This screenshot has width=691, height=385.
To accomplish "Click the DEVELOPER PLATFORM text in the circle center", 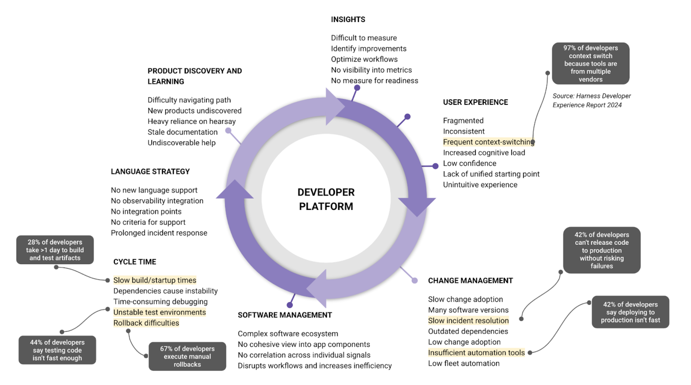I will click(326, 199).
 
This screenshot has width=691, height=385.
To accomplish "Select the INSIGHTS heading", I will click(348, 19).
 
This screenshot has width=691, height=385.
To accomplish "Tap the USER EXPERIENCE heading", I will click(475, 102).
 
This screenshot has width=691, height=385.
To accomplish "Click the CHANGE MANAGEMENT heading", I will click(470, 281).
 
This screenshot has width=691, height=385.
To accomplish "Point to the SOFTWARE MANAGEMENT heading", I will click(284, 315).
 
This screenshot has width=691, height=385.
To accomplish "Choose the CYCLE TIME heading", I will click(135, 262).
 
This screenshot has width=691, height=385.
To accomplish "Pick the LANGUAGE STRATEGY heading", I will click(150, 172).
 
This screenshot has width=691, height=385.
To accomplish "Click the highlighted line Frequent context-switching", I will click(488, 142).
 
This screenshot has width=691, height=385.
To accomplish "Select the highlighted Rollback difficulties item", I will click(146, 323).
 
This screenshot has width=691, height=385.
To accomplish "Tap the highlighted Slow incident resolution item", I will click(468, 321).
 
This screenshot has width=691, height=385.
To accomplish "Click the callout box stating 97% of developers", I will click(591, 63).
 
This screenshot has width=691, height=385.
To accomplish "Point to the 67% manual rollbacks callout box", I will click(187, 356).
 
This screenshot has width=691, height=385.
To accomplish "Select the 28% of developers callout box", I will click(55, 250).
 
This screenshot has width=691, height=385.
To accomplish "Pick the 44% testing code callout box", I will click(57, 350).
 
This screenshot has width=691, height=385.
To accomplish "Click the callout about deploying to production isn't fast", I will click(630, 312).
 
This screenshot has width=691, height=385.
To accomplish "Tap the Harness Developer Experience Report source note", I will click(591, 100).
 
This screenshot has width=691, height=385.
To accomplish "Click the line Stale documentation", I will click(182, 132).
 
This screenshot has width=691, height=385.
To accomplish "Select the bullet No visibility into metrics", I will click(371, 70).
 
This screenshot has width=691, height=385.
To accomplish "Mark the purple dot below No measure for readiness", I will click(357, 88).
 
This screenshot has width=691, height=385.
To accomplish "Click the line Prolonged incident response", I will click(159, 233).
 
